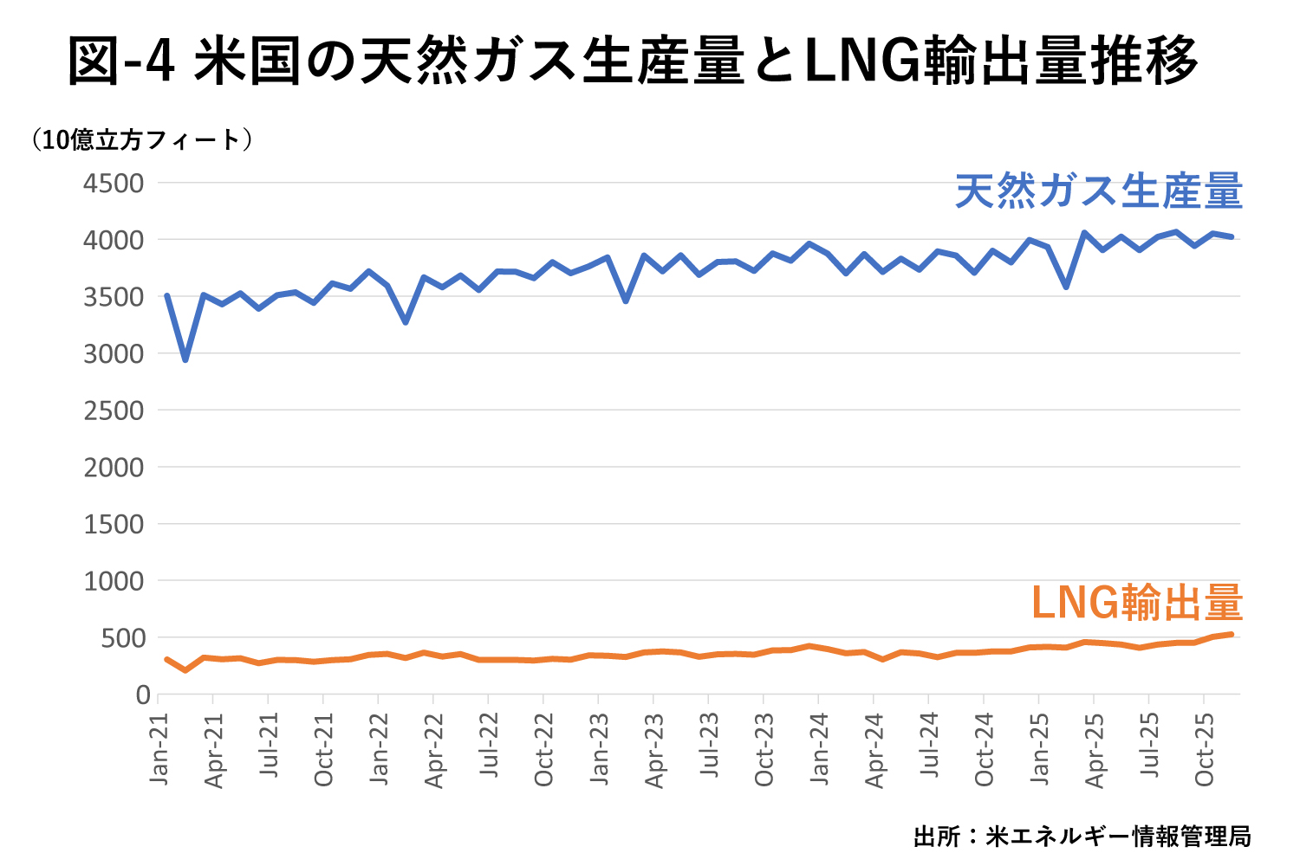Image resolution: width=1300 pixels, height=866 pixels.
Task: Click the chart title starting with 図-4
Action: click(x=633, y=61)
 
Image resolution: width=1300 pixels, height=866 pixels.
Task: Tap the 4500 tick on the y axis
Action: click(x=114, y=184)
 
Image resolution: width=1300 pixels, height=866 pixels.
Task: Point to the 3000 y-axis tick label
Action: click(x=114, y=354)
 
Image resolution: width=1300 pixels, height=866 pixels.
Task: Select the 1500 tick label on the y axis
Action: click(x=114, y=525)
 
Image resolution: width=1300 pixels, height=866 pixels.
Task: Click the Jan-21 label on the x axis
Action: click(x=159, y=750)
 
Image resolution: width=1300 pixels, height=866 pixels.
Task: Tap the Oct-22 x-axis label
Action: click(x=544, y=750)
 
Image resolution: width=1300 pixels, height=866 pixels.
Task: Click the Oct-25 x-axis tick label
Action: click(x=1206, y=750)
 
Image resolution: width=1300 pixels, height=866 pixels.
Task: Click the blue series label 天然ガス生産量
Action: click(x=1099, y=191)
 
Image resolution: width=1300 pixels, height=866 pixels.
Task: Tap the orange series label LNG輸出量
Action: click(x=1137, y=603)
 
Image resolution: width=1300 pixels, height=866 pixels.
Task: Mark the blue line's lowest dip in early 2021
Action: click(x=185, y=359)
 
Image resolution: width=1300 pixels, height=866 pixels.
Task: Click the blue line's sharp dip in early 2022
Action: click(x=406, y=322)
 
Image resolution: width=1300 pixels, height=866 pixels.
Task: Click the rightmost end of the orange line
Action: click(x=1231, y=635)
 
